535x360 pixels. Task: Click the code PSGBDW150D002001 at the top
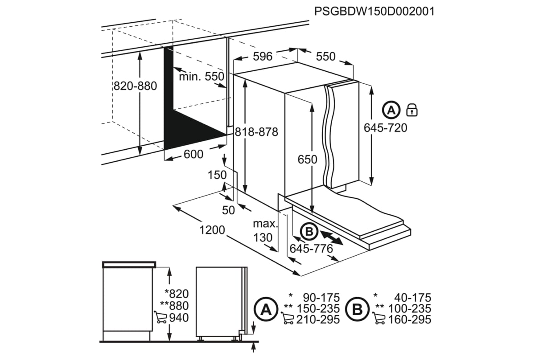[374, 11]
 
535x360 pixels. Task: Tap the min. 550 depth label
[201, 77]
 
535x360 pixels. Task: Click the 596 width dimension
[262, 57]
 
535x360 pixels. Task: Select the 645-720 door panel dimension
[386, 128]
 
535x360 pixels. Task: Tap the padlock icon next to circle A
[412, 110]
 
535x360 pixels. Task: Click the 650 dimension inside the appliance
[308, 159]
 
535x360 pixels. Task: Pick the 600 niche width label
[193, 154]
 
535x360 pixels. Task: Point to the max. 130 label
[265, 230]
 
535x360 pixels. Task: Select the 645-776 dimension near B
[311, 249]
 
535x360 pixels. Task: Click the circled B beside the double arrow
[308, 232]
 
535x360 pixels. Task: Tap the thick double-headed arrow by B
[331, 237]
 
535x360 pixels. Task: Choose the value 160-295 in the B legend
[410, 319]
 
